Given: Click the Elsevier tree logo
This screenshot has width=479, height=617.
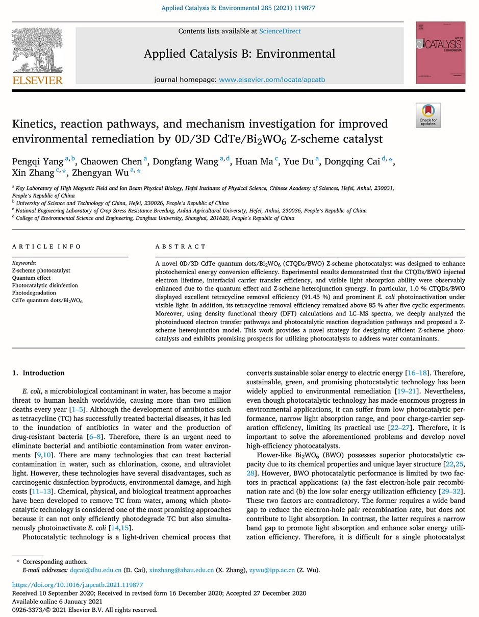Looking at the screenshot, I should [x=37, y=50].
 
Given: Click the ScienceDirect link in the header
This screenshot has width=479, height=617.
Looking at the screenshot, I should [x=280, y=31].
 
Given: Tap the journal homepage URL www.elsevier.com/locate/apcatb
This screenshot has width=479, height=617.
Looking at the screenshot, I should [x=272, y=80].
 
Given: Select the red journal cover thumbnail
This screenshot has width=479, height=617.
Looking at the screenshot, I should [x=440, y=53].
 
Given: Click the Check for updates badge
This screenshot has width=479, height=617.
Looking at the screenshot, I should [x=428, y=115].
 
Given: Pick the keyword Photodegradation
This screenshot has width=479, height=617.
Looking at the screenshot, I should [x=34, y=293].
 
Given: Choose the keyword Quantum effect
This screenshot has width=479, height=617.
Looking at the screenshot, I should [x=31, y=278].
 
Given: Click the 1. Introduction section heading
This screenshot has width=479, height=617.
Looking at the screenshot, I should [x=38, y=373].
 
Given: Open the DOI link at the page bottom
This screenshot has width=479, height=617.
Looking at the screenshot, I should [x=78, y=585].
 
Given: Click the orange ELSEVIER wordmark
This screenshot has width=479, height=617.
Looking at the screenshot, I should [x=38, y=80].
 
